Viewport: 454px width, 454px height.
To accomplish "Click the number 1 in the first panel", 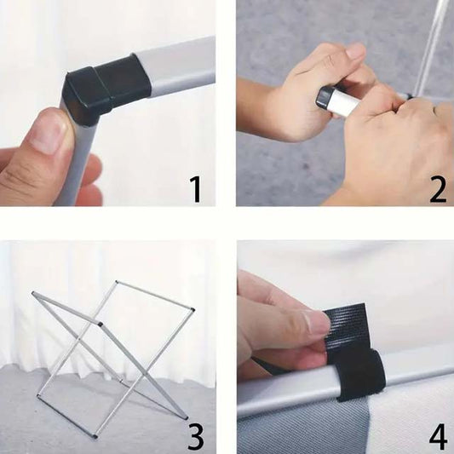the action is (x=195, y=189).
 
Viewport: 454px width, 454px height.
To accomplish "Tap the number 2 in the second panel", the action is (x=438, y=189).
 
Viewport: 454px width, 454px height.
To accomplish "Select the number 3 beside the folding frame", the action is (x=195, y=436).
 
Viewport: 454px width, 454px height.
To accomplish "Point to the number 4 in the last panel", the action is (x=438, y=436).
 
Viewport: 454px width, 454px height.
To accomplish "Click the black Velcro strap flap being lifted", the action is (x=346, y=327).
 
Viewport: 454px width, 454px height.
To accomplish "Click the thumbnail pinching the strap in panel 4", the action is (x=318, y=321).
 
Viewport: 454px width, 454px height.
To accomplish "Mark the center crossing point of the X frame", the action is (x=78, y=338).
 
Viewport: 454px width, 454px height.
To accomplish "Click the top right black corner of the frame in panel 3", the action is (x=193, y=309).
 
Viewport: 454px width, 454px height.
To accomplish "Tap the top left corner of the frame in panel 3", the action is (x=33, y=293).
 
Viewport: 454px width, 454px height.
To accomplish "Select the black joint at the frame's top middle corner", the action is (x=101, y=324).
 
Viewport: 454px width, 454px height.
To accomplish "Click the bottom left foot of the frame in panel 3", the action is (x=38, y=395).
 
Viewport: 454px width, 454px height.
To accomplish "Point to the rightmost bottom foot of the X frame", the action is (x=186, y=418).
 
